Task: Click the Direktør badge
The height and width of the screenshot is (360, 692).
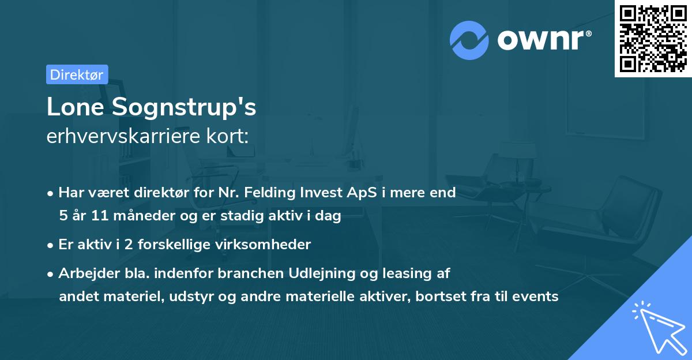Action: pyautogui.click(x=77, y=74)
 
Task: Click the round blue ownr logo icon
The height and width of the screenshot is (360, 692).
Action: pyautogui.click(x=469, y=40)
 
